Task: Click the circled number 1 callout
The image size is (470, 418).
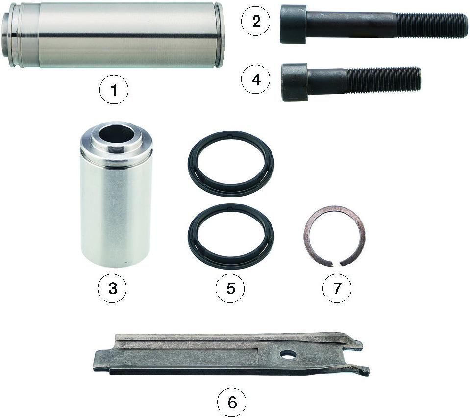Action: pos(114,90)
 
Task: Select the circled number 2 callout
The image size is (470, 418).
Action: pos(256,22)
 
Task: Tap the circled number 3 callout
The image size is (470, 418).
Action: pos(112,288)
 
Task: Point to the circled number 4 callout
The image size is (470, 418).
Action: pos(256,80)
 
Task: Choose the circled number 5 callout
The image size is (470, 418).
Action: pos(230,288)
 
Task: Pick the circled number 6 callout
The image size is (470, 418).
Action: pos(232,402)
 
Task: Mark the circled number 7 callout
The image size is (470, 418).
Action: pos(337,288)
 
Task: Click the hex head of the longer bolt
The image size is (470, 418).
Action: pos(293,24)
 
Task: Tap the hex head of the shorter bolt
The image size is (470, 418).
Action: pos(295,82)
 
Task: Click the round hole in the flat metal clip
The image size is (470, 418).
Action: pos(288,355)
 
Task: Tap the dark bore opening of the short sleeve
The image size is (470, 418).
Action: pos(118,134)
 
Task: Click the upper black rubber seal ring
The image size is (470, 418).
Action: pos(231,164)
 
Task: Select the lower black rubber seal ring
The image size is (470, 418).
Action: pos(231,236)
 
